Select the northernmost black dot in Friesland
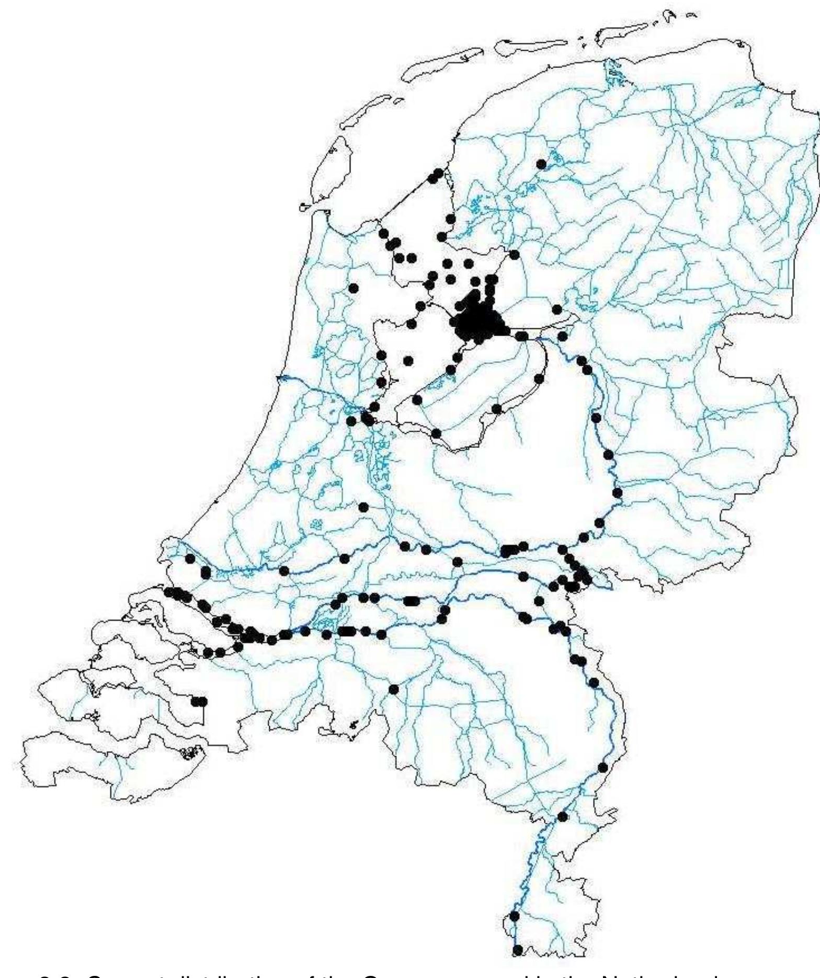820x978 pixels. click(541, 164)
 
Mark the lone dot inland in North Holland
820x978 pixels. click(354, 287)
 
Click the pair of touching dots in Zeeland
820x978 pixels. click(199, 701)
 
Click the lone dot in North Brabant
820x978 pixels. click(394, 689)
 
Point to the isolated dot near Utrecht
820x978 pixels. click(363, 507)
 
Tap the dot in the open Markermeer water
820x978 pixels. click(408, 360)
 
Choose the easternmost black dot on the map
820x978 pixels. click(618, 493)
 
